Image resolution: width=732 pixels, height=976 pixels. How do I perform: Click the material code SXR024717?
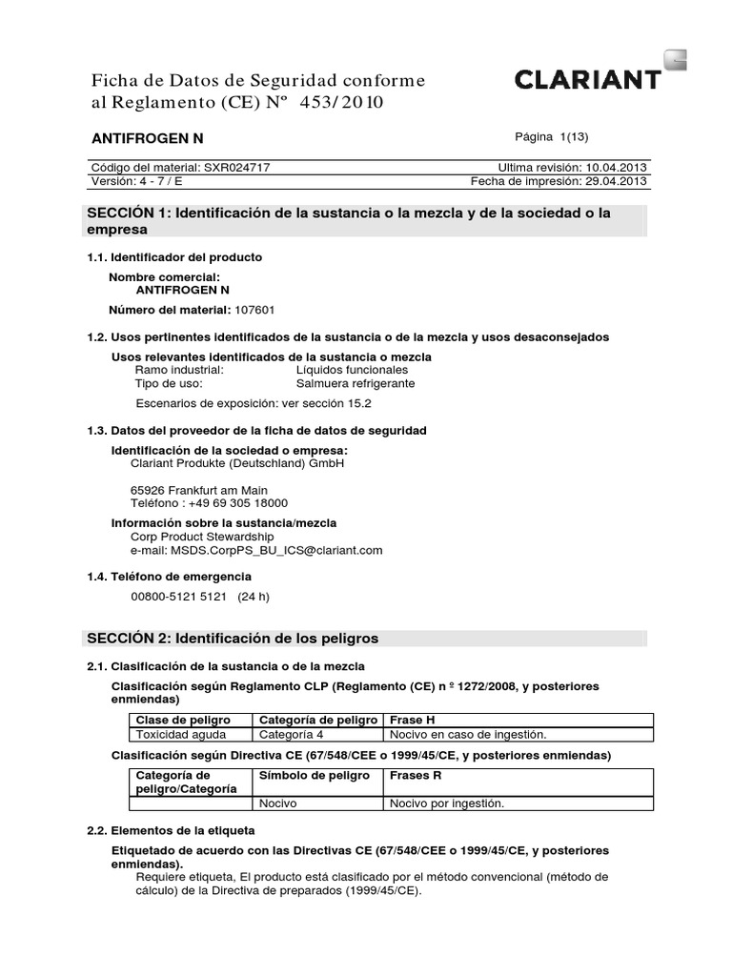[x=237, y=166]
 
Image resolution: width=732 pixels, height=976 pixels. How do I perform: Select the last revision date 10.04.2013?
[x=616, y=166]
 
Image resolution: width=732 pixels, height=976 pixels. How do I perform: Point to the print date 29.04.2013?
[x=616, y=180]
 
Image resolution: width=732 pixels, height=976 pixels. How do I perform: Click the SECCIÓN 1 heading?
[x=348, y=220]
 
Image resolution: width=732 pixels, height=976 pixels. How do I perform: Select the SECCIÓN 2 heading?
[x=233, y=638]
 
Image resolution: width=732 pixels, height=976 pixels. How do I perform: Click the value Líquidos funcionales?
[x=352, y=370]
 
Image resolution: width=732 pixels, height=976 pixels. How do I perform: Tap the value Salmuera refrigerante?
[x=356, y=384]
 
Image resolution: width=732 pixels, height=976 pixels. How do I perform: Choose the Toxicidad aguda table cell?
[x=177, y=735]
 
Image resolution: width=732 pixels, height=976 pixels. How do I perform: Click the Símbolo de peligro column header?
[x=315, y=776]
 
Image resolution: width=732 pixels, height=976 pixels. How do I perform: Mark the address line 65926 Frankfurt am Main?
[x=198, y=489]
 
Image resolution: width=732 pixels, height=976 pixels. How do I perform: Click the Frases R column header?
[x=416, y=776]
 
